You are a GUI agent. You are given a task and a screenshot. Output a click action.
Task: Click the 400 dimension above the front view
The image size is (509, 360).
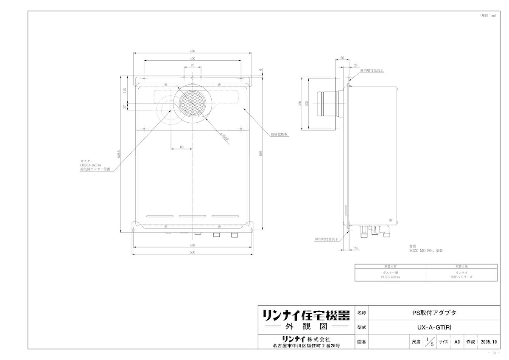[192, 58]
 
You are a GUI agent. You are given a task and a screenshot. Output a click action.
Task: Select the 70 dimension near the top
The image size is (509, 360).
[192, 65]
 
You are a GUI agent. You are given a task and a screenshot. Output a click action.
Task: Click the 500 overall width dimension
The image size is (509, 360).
[192, 253]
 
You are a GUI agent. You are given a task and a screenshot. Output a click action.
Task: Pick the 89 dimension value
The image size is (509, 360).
[182, 147]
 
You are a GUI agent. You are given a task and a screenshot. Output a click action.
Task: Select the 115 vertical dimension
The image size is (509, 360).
[125, 90]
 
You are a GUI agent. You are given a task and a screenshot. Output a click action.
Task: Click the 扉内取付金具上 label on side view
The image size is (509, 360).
[372, 71]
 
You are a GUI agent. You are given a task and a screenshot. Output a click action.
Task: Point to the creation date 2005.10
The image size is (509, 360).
[489, 341]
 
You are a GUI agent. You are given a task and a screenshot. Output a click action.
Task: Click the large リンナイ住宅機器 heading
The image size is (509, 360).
[306, 315]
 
